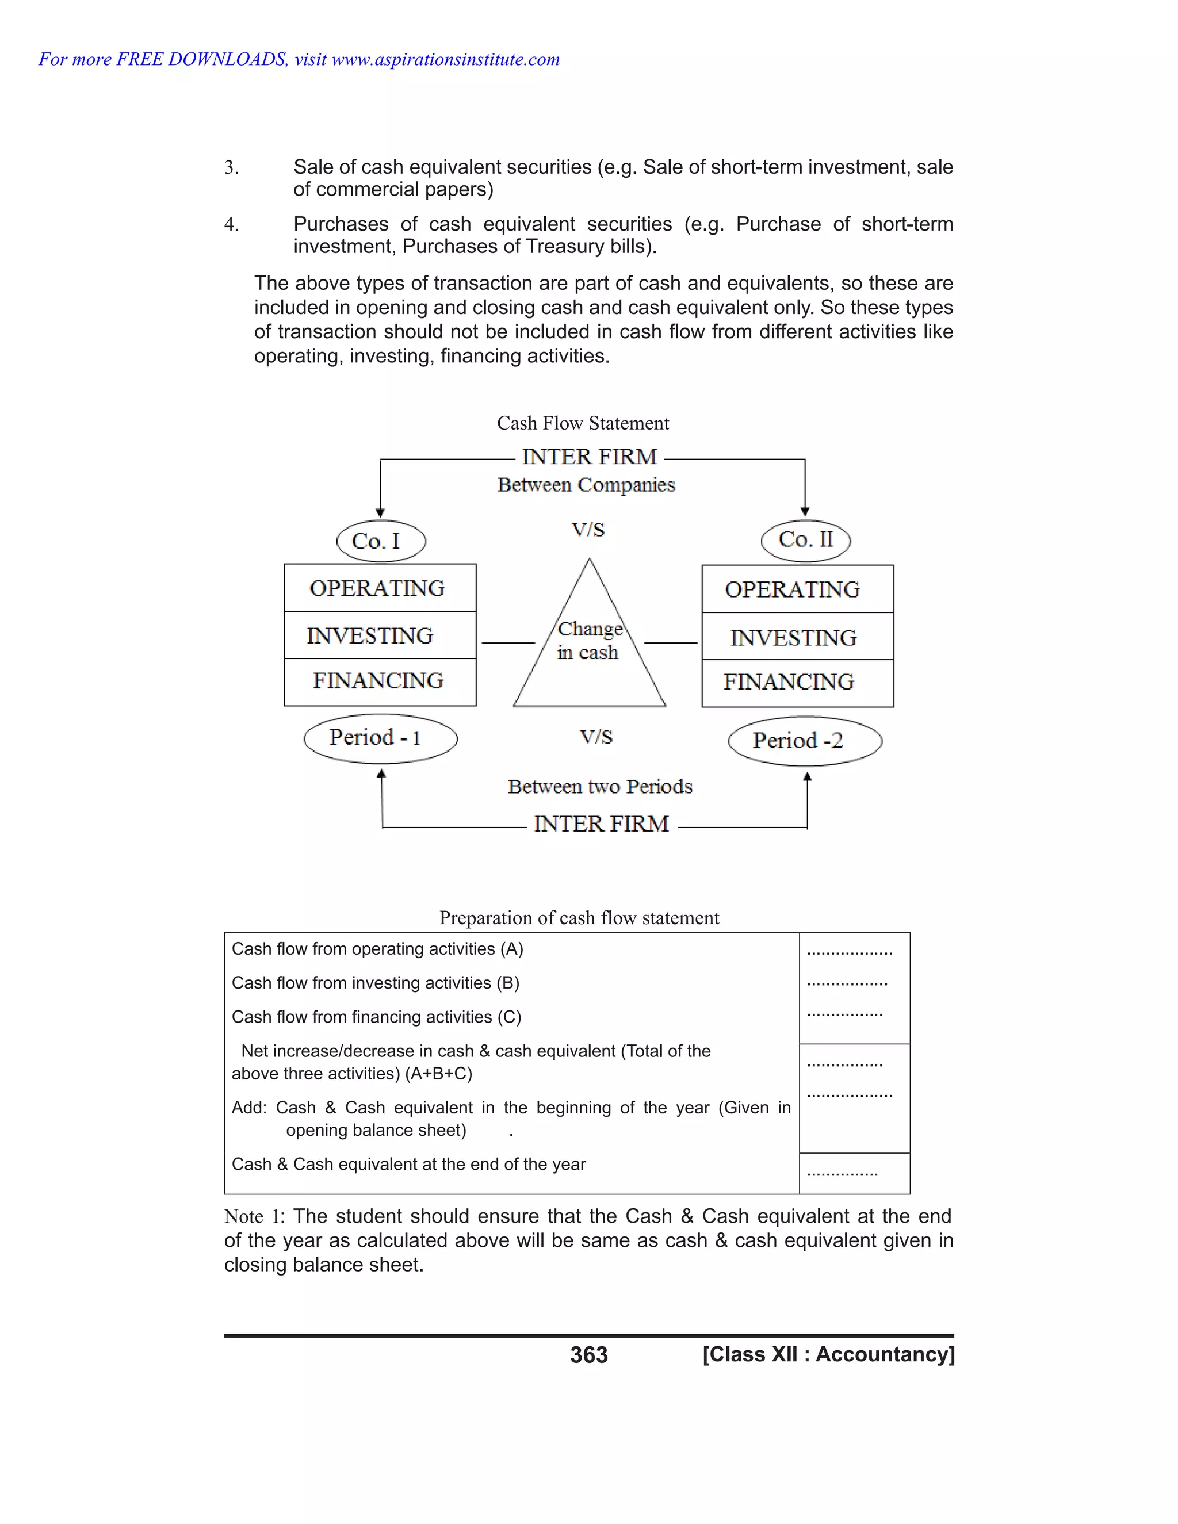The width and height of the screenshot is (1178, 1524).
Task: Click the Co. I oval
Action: click(x=380, y=541)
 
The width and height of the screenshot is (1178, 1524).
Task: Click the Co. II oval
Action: click(x=805, y=539)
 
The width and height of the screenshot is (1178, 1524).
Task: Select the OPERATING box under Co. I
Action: click(x=380, y=588)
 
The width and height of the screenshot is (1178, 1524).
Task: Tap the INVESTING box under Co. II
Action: click(x=797, y=637)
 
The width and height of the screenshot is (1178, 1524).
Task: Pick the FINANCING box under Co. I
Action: click(x=380, y=681)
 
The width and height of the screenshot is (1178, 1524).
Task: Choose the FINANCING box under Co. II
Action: click(x=797, y=683)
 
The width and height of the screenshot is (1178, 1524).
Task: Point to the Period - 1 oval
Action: click(x=380, y=738)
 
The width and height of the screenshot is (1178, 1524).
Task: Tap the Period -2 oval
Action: click(x=805, y=740)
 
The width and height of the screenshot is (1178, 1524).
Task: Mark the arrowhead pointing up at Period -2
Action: click(x=808, y=776)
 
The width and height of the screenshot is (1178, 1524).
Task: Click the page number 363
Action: click(x=589, y=1354)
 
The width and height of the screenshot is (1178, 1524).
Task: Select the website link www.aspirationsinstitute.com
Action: click(x=445, y=59)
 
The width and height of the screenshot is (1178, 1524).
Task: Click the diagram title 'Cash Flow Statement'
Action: click(x=583, y=423)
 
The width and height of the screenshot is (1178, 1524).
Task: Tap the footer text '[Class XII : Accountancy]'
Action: click(x=828, y=1354)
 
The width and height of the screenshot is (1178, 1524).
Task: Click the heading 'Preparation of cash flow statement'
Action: click(x=579, y=918)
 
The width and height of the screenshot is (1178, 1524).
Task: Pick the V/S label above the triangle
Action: click(x=588, y=530)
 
